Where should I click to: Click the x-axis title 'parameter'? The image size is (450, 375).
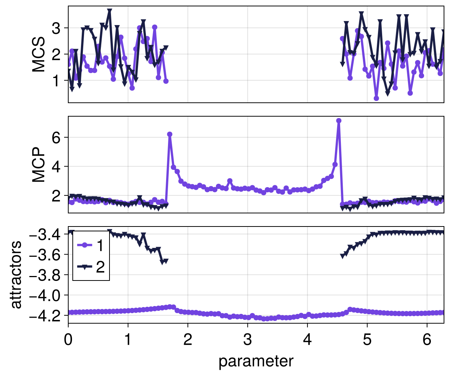[256, 361]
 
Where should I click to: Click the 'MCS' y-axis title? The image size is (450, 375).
[39, 54]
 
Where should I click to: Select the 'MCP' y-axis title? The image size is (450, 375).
[39, 165]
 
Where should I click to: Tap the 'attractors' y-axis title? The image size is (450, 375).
[16, 275]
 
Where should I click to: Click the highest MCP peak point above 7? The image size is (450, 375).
[339, 121]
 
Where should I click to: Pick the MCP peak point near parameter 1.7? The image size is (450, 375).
[169, 134]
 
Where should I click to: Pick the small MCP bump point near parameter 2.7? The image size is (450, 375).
[230, 181]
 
